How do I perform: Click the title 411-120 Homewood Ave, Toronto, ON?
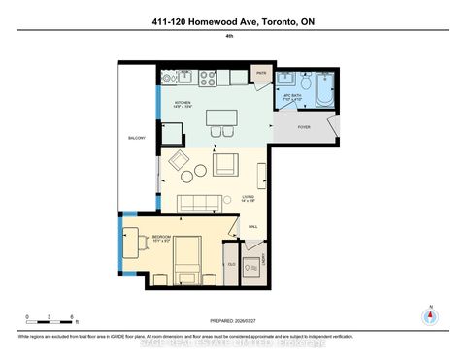click(x=233, y=21)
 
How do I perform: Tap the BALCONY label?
click(x=136, y=138)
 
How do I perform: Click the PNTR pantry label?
click(x=261, y=73)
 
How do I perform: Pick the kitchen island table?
click(x=220, y=118)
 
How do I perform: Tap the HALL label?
click(x=252, y=228)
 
